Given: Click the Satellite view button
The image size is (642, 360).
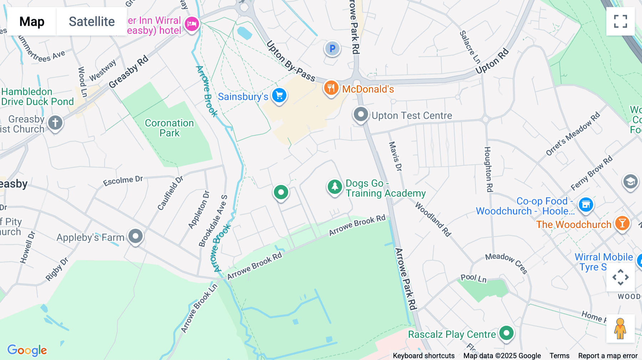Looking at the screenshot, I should coord(92,22).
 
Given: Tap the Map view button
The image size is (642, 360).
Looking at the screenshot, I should coord(32,22).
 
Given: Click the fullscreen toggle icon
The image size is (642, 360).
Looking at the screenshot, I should coord(620,21).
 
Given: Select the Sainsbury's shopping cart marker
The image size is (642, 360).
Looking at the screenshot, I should coord(279,96).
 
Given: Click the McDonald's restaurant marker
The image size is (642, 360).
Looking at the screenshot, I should coord(331,88).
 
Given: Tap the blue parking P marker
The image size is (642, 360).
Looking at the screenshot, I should coord(332,48).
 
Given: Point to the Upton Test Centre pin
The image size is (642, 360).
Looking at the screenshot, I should coord(361,115).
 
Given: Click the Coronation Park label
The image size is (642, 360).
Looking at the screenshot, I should coord(169,128).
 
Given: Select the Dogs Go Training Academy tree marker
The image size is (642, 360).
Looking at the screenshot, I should coord(335,186).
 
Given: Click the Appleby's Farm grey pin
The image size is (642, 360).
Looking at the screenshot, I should coord(136,236).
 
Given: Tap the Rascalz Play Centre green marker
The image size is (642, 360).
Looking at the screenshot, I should coord(506,333).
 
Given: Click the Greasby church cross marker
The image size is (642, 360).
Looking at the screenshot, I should coord(55,123).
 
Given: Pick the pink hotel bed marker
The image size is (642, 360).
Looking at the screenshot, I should coord(192,24).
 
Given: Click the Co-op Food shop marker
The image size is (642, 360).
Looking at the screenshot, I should coord(586,205).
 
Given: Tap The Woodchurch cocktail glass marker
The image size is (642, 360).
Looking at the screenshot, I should coord(622,223).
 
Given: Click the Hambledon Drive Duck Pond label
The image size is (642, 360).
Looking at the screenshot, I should coord(37,97).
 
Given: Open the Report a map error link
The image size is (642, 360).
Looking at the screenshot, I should coord(608,356).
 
